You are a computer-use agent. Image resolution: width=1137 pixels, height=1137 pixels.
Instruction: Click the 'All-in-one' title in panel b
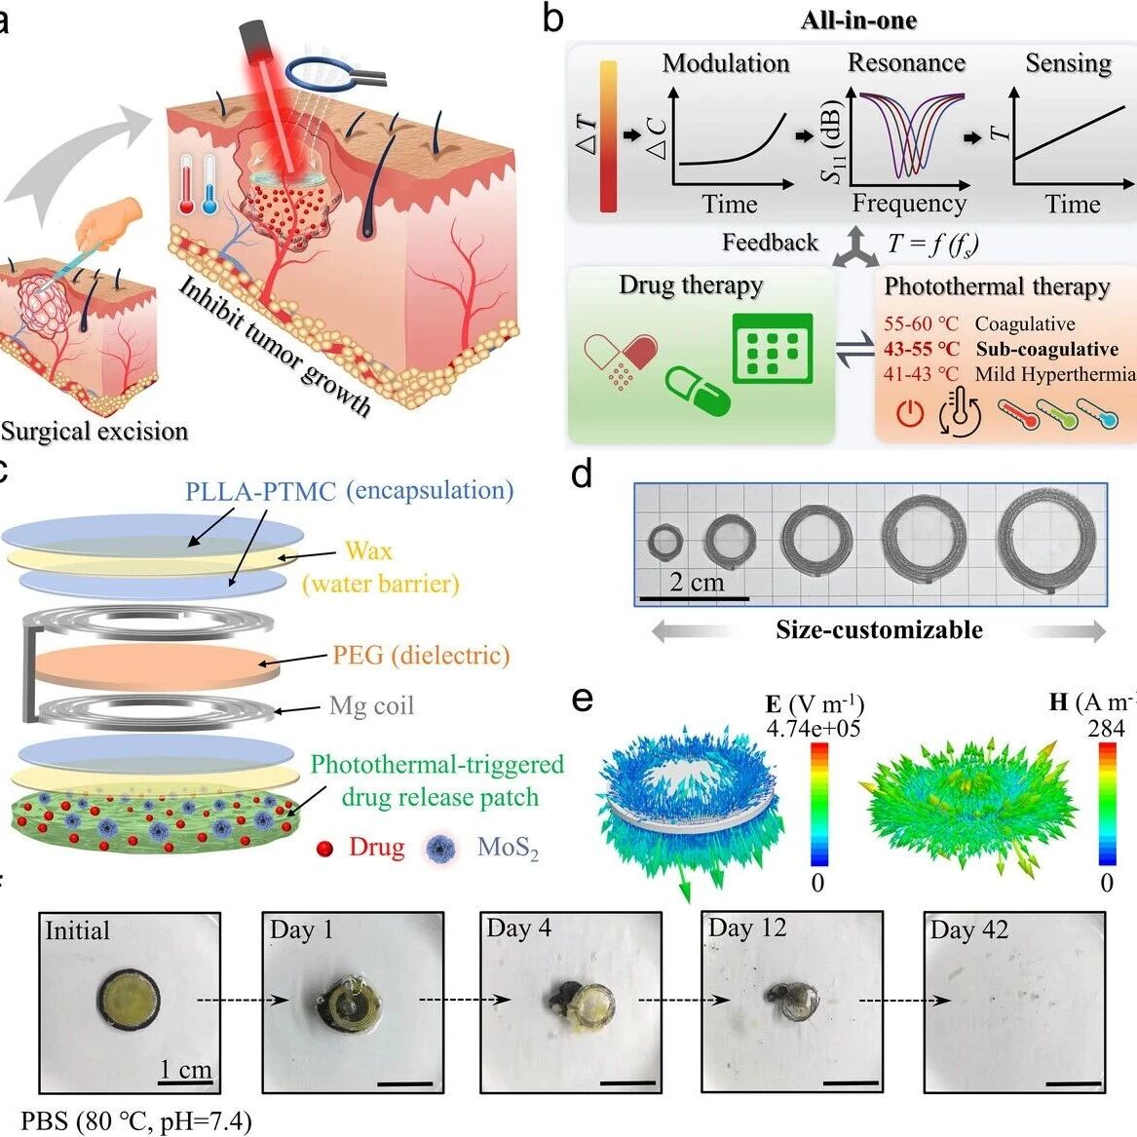(858, 20)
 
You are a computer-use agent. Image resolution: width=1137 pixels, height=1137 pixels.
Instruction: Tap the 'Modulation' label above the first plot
(726, 63)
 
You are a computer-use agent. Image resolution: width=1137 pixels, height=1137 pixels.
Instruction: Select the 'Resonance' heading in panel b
(906, 62)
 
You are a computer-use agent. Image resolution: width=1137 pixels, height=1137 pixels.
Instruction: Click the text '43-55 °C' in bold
(921, 349)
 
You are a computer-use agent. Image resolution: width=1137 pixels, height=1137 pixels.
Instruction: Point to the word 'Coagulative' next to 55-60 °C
(1025, 324)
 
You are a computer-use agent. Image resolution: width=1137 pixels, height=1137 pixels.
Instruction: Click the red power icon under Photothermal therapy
(910, 413)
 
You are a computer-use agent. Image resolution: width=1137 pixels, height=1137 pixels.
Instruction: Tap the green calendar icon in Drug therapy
(773, 348)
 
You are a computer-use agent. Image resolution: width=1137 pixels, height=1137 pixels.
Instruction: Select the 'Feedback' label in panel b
(770, 242)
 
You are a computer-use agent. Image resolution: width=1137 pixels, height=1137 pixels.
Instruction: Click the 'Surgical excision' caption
(95, 432)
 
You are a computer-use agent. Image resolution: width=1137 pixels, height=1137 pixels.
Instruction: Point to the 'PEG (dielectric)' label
(421, 656)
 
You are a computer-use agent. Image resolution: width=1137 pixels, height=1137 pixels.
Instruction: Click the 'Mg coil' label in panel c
(371, 705)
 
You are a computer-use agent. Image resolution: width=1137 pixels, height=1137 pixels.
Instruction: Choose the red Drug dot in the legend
(324, 848)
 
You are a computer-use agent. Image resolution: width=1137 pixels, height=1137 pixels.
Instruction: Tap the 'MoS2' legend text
(508, 847)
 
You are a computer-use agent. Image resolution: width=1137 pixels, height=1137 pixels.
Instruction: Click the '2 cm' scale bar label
(697, 582)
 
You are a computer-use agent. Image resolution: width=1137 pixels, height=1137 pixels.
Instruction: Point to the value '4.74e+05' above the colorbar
(814, 728)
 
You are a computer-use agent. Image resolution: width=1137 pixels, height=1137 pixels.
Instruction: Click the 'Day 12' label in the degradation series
(747, 928)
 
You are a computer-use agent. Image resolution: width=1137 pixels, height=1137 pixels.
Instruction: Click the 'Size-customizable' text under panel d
(879, 629)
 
